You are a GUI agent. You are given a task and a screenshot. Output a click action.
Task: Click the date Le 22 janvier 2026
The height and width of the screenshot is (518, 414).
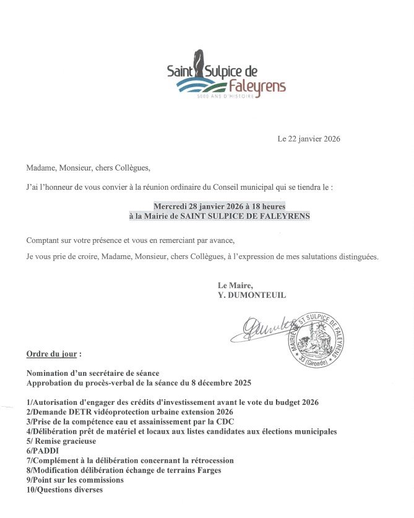pos(308,139)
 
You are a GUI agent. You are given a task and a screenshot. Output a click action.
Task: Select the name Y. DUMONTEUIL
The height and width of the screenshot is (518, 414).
pos(252,295)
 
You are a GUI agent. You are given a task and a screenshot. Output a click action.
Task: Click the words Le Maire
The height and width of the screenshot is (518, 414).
pos(235,286)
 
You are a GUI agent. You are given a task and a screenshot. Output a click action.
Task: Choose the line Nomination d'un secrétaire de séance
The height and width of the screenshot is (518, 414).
pos(93,373)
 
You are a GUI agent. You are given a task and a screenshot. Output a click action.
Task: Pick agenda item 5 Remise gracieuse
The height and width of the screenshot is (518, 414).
pos(62,441)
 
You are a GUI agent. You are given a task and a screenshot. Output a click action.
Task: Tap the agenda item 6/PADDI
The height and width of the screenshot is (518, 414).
pos(41,451)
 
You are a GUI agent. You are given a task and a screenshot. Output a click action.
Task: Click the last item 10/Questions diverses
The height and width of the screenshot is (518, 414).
pos(64,490)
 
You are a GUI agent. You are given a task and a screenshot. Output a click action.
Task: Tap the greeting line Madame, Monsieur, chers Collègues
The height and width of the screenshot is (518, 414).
pos(88,167)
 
